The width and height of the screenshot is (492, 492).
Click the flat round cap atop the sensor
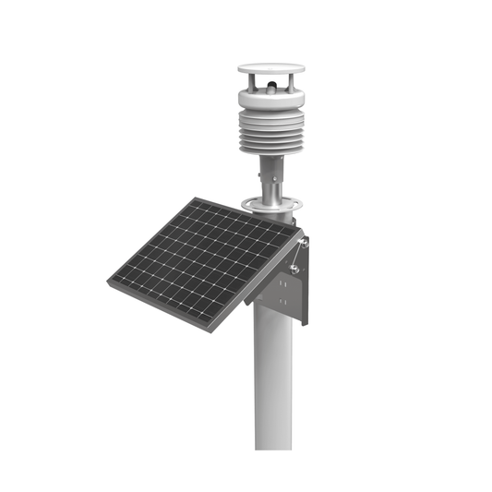(270, 68)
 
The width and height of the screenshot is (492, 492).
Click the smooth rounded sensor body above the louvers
(270, 96)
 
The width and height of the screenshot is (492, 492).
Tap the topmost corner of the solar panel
(196, 198)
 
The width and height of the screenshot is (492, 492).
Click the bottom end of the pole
(273, 445)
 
